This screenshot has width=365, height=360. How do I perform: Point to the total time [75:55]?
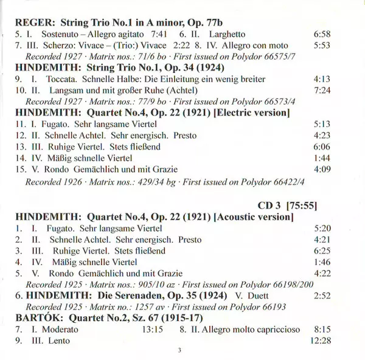(x=303, y=204)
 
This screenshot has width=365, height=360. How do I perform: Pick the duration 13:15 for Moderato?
(x=152, y=329)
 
